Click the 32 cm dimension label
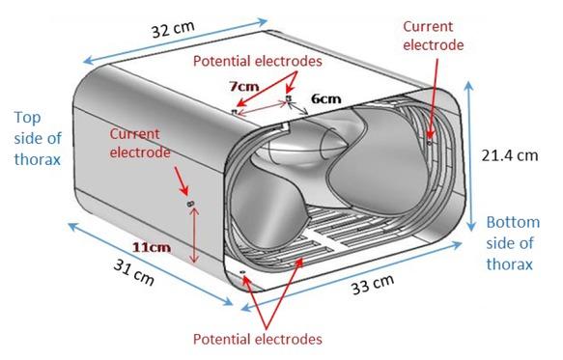coord(173,29)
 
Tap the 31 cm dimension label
coord(134,273)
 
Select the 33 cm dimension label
coord(373,284)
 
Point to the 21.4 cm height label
coord(510,155)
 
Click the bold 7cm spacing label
coord(244,86)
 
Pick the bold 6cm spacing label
coord(325,98)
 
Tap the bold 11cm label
coord(152,247)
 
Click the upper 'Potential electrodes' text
coord(258,61)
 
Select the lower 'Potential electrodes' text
coord(258,339)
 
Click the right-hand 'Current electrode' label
coord(433,36)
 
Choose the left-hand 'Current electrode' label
coord(140,143)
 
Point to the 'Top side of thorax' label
coord(38,139)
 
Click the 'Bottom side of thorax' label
coord(513,243)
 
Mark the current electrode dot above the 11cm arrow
coord(190,204)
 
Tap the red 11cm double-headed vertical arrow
coord(194,235)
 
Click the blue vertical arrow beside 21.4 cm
coord(470,156)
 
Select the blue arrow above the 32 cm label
coord(175,42)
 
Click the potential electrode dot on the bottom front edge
coord(242,273)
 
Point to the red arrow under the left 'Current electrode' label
coord(182,180)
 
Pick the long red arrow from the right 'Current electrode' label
coord(434,98)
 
